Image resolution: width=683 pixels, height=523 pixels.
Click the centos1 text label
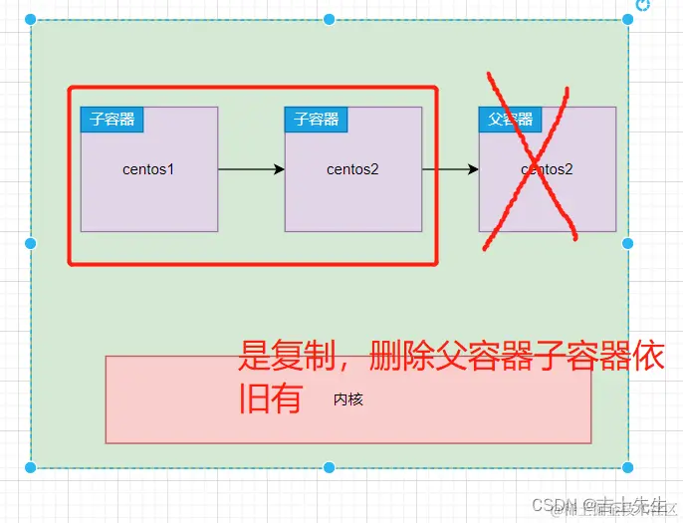tap(148, 169)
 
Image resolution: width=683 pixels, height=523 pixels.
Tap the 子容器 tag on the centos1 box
tap(112, 120)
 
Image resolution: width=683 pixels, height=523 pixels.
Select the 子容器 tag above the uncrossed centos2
tap(317, 120)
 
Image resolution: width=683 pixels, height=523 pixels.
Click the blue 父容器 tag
tap(510, 120)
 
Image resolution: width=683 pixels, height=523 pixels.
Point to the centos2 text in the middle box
tap(352, 169)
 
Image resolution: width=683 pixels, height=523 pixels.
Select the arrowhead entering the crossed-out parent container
tap(473, 169)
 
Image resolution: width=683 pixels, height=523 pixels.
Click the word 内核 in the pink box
tap(348, 399)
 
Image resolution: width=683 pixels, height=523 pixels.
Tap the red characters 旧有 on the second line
tap(269, 398)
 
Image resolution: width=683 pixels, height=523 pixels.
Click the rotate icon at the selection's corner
tap(643, 5)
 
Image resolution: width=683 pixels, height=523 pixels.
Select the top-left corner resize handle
tap(30, 20)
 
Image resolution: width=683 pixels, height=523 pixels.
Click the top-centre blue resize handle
tap(329, 20)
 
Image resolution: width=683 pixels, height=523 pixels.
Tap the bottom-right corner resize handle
tap(627, 466)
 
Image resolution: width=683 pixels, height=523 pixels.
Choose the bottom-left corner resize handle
tap(30, 466)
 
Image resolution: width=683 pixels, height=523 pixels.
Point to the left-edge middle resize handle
tap(30, 243)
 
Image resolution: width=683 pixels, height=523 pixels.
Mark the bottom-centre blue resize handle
tap(329, 466)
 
